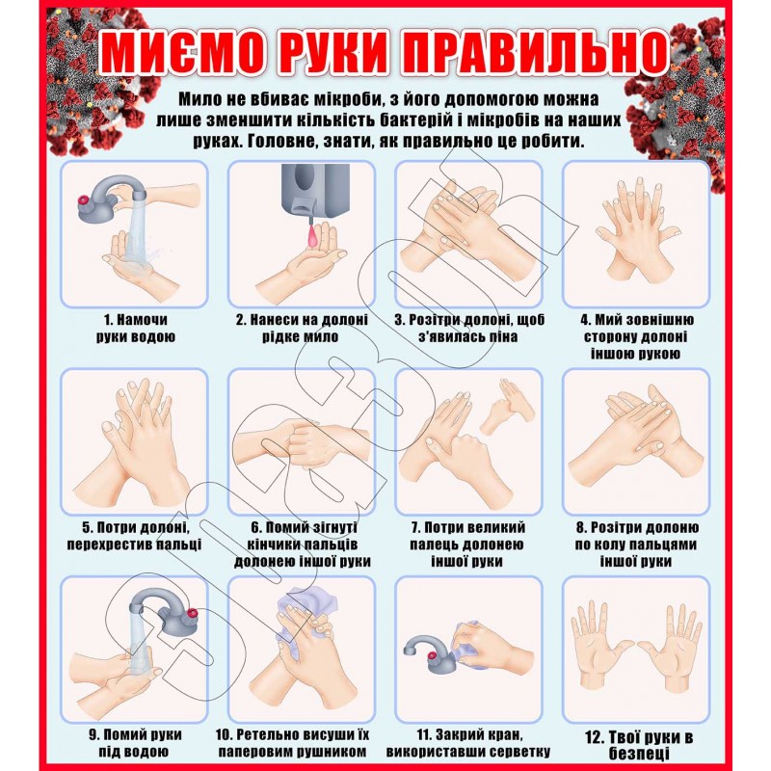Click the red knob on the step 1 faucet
[84, 200]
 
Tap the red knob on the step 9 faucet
[192, 613]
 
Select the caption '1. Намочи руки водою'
[136, 328]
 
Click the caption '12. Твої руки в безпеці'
[639, 744]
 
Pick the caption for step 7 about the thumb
[467, 545]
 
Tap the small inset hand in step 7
[508, 406]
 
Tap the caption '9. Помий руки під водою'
[136, 742]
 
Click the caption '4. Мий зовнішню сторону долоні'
[637, 336]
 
